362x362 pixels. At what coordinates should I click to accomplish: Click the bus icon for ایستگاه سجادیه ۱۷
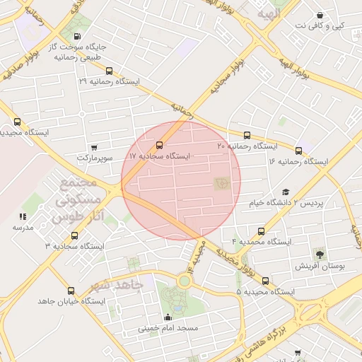click(x=158, y=145)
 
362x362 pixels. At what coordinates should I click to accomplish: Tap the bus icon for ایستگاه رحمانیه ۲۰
click(x=247, y=135)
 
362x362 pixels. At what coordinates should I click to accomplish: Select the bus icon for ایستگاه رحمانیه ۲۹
click(x=109, y=71)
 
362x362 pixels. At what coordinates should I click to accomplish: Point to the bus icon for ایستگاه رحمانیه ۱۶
click(x=298, y=151)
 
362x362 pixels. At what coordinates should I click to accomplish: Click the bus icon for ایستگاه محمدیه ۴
click(x=262, y=231)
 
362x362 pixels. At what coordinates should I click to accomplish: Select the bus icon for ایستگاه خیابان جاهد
click(x=70, y=291)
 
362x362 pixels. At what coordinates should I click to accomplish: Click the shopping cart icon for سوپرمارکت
click(x=95, y=147)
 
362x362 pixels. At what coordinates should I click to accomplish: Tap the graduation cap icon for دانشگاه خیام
click(x=286, y=192)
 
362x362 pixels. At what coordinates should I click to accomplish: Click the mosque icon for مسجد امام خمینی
click(x=168, y=317)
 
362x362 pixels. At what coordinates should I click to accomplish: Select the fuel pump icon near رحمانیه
click(x=76, y=37)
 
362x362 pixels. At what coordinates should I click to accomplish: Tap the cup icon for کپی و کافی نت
click(x=320, y=16)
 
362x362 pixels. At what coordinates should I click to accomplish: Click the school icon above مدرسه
click(x=23, y=216)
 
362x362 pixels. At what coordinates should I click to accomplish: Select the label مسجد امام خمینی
click(x=168, y=329)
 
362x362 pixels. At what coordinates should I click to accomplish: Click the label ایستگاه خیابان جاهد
click(x=71, y=301)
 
